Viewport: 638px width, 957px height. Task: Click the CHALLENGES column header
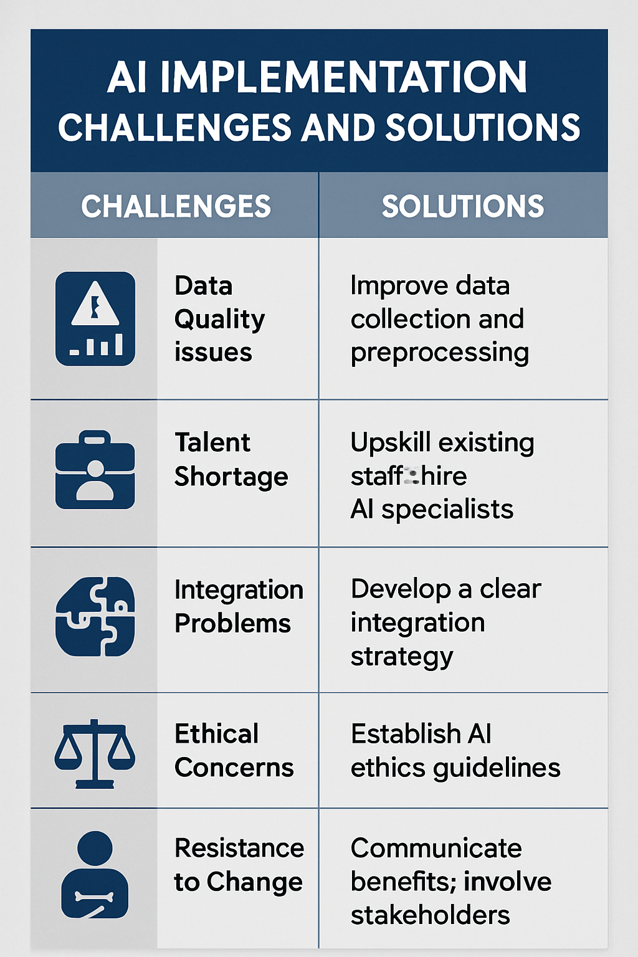tap(176, 206)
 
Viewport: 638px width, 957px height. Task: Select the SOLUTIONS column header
tap(462, 206)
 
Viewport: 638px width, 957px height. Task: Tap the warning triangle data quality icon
tap(95, 318)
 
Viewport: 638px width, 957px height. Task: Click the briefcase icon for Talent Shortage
tap(95, 470)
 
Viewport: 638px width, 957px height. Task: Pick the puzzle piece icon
tap(95, 616)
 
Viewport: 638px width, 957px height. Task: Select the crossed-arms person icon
tap(95, 875)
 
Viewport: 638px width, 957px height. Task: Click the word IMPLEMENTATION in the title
tap(343, 77)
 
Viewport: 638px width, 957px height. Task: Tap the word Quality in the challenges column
tap(219, 319)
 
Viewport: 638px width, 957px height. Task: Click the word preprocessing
tap(440, 353)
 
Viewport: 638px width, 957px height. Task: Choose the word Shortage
tap(231, 477)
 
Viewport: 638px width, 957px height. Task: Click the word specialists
tap(447, 510)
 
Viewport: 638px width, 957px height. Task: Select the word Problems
tap(232, 624)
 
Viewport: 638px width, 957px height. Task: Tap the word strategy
tap(402, 657)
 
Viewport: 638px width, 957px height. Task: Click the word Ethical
tap(216, 734)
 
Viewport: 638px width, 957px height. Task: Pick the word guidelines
tap(497, 768)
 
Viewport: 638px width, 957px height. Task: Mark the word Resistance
tap(239, 848)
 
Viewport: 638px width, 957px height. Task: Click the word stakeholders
tap(430, 915)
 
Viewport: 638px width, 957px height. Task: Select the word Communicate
tap(436, 848)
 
